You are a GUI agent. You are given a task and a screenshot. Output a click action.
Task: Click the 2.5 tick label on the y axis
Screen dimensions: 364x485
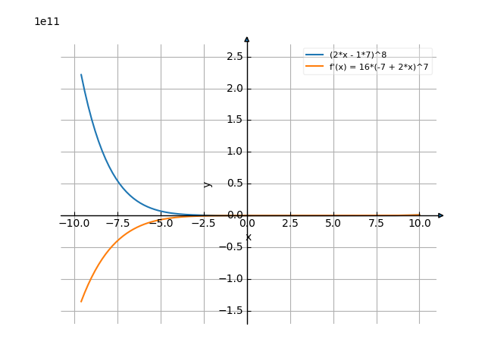(233, 57)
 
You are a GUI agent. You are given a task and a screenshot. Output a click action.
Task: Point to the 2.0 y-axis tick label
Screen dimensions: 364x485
(233, 89)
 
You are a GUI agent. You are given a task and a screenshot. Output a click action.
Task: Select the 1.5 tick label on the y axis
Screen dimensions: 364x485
(233, 121)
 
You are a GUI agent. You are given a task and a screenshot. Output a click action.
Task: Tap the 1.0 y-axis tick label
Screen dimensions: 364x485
(233, 152)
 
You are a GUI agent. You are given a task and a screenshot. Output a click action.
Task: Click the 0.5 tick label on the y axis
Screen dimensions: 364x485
(233, 184)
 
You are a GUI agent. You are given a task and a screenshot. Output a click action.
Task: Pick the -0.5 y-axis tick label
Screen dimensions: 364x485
(231, 247)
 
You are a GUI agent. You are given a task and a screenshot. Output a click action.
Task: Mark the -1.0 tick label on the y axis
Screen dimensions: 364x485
(231, 279)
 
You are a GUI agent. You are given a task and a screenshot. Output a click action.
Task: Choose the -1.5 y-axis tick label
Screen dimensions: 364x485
(231, 311)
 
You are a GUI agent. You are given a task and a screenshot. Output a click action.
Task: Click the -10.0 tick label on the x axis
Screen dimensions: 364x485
(74, 224)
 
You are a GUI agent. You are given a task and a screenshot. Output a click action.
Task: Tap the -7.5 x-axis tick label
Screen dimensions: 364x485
(117, 224)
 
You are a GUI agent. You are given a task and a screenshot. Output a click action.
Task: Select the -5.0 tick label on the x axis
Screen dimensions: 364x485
(161, 224)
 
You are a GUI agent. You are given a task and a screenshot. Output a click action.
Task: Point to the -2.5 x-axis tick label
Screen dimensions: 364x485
(204, 224)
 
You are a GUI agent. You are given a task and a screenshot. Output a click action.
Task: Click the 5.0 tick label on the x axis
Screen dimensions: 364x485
(333, 224)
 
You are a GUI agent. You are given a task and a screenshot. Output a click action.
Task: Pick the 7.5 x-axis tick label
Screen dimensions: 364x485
(377, 224)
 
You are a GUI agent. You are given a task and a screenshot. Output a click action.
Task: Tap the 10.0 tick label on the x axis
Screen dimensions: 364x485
(420, 224)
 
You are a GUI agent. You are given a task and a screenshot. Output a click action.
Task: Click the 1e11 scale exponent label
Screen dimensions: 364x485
(47, 22)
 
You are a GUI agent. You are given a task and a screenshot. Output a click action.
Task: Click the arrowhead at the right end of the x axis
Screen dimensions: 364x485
(441, 215)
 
